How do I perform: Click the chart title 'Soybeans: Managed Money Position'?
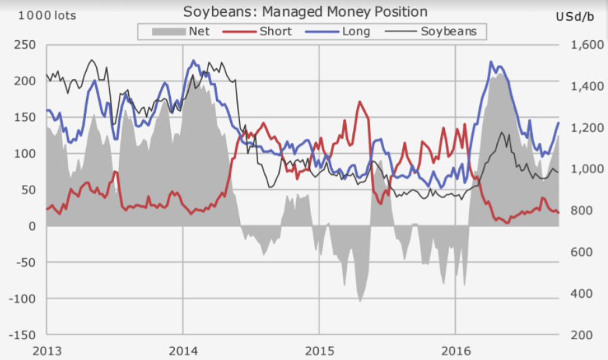305,12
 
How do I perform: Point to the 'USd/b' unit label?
574,16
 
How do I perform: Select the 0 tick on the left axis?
32,226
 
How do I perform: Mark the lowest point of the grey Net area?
360,301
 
